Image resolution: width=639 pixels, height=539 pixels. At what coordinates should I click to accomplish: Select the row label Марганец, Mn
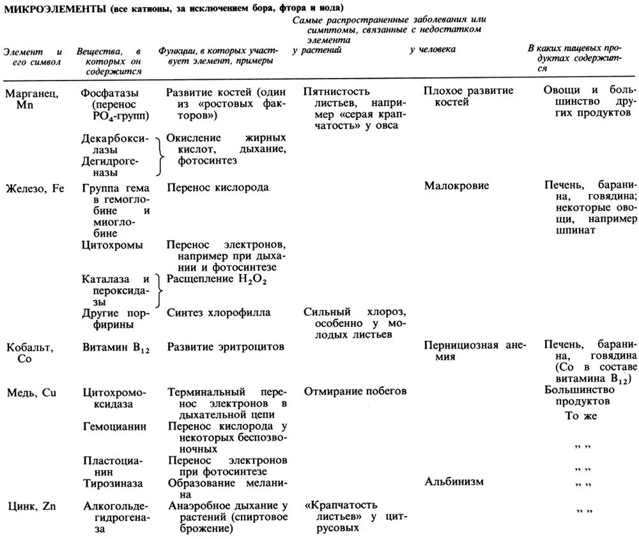click(33, 98)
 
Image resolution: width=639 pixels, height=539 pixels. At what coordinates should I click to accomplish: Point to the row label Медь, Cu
click(32, 392)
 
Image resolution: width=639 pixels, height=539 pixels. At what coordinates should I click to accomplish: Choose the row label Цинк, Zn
click(32, 506)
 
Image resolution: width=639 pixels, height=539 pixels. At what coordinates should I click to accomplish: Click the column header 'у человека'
click(433, 50)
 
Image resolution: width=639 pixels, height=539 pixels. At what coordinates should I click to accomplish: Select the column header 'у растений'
click(317, 50)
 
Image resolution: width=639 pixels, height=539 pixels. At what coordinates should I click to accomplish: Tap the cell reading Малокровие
click(456, 186)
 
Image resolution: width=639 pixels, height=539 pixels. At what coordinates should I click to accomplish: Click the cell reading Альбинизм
click(454, 481)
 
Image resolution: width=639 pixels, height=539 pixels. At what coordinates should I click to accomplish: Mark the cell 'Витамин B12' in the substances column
click(115, 347)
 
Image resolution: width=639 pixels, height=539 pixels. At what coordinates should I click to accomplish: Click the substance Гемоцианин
click(114, 425)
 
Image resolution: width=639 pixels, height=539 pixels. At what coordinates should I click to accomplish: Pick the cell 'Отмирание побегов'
click(355, 391)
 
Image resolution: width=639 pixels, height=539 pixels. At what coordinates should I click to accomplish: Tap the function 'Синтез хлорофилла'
click(219, 312)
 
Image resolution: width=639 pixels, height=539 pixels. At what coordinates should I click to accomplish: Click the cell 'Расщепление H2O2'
click(217, 279)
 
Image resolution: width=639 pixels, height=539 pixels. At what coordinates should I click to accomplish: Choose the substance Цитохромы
click(112, 245)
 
